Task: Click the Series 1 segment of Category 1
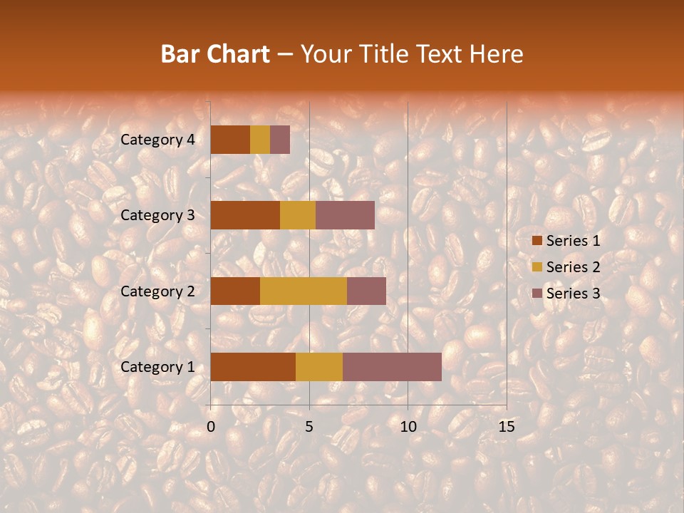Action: (253, 366)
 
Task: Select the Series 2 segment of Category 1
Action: (319, 366)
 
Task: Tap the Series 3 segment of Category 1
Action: (392, 366)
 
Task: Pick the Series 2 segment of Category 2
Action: (304, 291)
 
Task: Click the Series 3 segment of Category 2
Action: (366, 291)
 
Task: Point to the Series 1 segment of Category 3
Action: (245, 215)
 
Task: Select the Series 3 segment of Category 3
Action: (345, 215)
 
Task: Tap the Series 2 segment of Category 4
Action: (260, 140)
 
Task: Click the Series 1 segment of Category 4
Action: (230, 140)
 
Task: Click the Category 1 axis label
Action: (157, 366)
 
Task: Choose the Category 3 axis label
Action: (157, 215)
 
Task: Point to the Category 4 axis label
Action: (157, 140)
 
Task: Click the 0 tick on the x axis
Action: (211, 427)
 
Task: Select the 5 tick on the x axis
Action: (309, 427)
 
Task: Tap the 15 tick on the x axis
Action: (506, 427)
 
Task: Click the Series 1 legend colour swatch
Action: (537, 241)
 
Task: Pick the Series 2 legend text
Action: (573, 267)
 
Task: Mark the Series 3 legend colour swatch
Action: (537, 294)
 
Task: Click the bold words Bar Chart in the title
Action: (215, 54)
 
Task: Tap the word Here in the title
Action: (498, 54)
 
